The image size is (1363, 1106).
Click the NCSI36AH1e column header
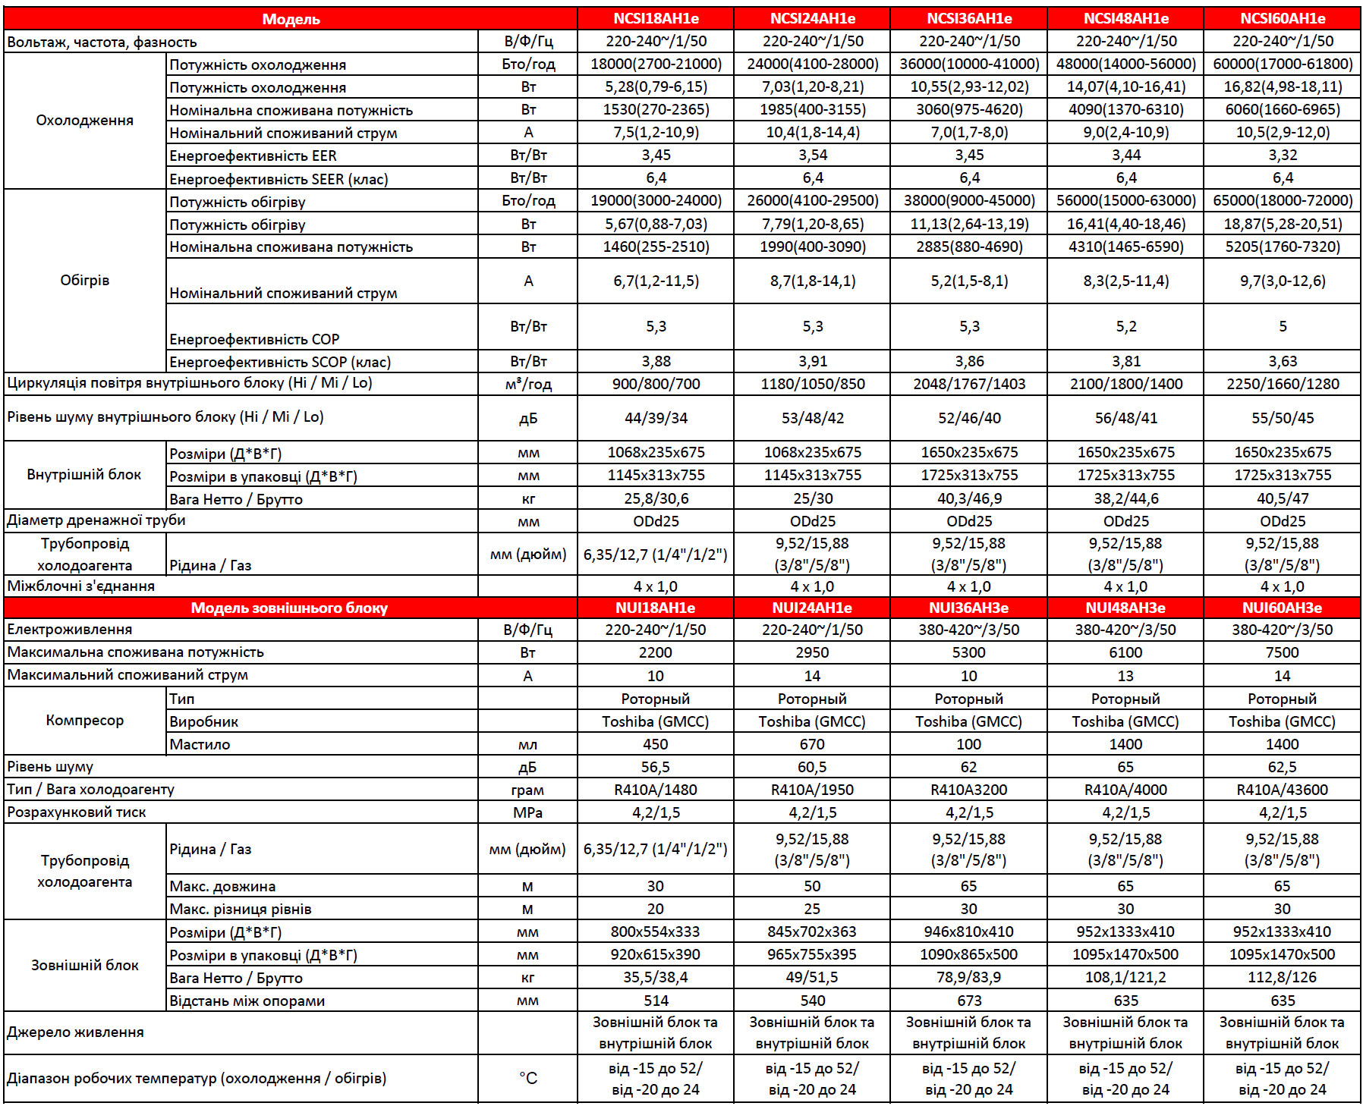click(968, 18)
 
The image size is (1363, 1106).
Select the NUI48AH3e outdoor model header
click(1125, 608)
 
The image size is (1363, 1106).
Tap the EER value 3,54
click(812, 155)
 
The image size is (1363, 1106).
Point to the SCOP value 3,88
click(656, 361)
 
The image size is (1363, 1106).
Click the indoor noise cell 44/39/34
click(656, 417)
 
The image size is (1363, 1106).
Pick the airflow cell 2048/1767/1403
click(968, 384)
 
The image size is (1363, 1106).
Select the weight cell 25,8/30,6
click(656, 498)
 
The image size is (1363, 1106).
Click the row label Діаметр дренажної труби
click(96, 520)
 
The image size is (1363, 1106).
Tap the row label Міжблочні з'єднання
click(81, 586)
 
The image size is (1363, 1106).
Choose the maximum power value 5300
click(968, 652)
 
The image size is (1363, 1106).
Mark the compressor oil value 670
click(812, 744)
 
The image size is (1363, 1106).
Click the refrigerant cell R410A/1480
click(656, 790)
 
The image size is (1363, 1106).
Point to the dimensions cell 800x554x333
click(656, 932)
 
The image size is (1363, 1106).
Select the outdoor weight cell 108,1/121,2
click(1125, 977)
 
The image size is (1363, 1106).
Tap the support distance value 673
click(968, 1001)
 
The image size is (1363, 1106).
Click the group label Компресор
click(85, 721)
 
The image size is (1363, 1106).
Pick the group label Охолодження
click(85, 121)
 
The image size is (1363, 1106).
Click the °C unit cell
click(527, 1078)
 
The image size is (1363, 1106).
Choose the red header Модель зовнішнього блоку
click(289, 608)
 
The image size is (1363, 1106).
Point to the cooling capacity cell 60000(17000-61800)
click(1282, 64)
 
